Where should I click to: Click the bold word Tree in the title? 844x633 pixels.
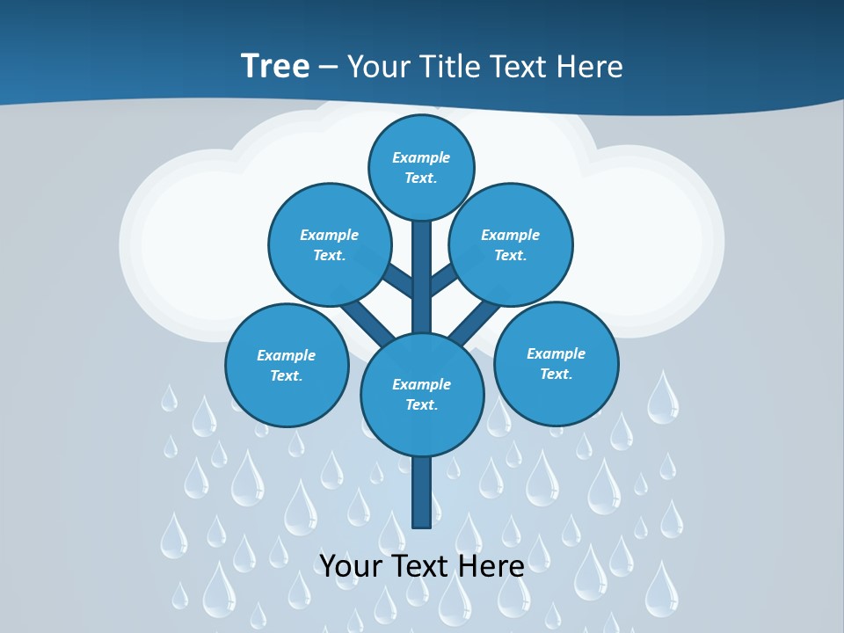[x=274, y=66]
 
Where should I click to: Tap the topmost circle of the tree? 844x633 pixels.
[x=421, y=167]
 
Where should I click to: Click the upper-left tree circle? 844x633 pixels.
[x=329, y=244]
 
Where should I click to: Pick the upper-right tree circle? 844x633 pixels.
[x=511, y=244]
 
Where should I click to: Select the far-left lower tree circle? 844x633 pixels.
[x=287, y=365]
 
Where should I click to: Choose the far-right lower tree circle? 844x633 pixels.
[x=556, y=363]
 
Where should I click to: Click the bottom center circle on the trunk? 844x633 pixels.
[x=422, y=394]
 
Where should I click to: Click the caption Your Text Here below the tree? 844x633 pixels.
[x=421, y=566]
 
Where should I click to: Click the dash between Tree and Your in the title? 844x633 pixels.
[x=328, y=67]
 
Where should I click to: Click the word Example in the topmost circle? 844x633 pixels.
[x=421, y=158]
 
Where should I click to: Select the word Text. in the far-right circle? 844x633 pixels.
[x=556, y=374]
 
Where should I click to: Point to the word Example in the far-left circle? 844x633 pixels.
[x=287, y=355]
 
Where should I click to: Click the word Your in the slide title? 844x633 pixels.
[x=376, y=66]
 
